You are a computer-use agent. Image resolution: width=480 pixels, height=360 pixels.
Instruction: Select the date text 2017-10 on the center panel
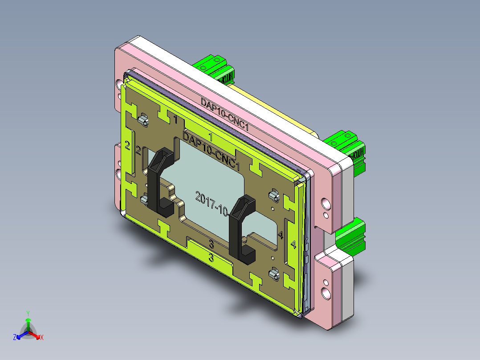(x=212, y=203)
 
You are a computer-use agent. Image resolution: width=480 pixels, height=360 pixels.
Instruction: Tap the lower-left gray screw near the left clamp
(x=144, y=200)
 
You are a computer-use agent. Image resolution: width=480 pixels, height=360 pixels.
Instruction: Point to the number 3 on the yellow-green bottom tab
(x=212, y=258)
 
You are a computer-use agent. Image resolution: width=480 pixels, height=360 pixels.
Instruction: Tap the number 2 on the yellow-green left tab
(x=127, y=145)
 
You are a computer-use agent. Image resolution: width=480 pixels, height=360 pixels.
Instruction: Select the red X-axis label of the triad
(x=42, y=338)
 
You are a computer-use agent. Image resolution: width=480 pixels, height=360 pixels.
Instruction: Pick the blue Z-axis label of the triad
(x=15, y=338)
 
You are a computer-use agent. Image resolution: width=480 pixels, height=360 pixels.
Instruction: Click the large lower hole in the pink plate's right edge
(x=327, y=293)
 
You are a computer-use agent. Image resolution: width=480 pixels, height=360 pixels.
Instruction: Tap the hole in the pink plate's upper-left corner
(x=119, y=84)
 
